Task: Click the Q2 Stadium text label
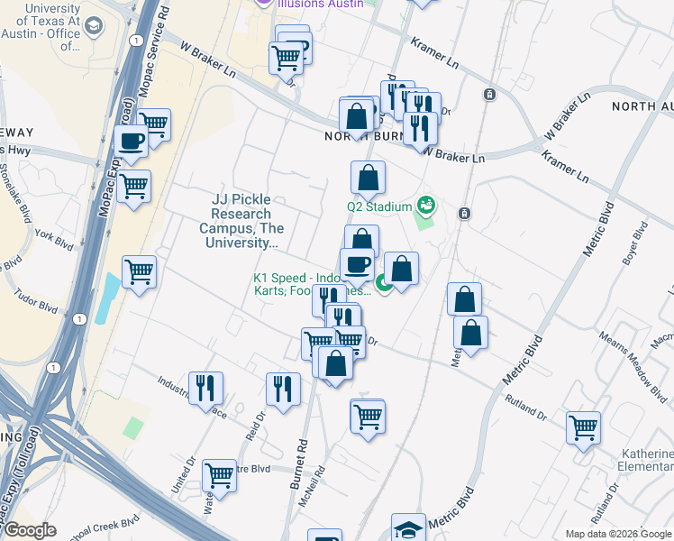coord(378,206)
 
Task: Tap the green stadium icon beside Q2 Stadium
coord(425,206)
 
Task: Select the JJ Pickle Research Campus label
coord(241,221)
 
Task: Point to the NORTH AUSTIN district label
coord(642,106)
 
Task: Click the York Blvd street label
coord(53,238)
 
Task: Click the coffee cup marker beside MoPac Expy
coord(132,142)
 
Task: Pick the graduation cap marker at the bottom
coord(408,528)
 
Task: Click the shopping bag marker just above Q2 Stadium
coord(368,178)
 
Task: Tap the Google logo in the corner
coord(31,531)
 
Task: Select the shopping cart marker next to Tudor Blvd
coord(139,271)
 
